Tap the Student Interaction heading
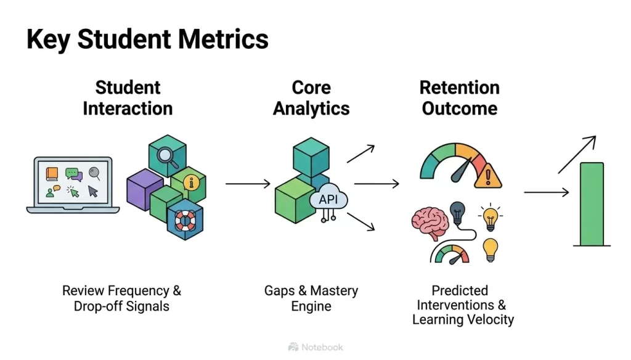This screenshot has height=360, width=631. (x=128, y=98)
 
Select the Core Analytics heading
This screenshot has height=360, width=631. (x=311, y=98)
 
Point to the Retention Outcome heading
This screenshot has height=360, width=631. (x=459, y=98)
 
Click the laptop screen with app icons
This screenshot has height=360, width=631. (x=73, y=182)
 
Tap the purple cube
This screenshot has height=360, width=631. (x=144, y=189)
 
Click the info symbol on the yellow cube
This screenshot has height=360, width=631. (x=192, y=182)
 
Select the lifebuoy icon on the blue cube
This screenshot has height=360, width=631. (x=184, y=219)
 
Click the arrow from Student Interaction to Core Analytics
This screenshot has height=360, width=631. (x=248, y=184)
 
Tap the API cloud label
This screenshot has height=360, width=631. (x=328, y=200)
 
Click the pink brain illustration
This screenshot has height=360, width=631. (x=429, y=224)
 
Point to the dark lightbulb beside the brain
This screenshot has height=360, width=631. (x=457, y=211)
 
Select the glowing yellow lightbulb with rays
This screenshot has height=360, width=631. (x=491, y=217)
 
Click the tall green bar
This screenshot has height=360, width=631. (x=592, y=204)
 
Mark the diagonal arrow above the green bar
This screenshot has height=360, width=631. (x=577, y=153)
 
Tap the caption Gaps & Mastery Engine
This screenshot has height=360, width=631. (x=311, y=298)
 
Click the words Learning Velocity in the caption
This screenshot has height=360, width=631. (x=463, y=320)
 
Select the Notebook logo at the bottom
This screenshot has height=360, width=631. (x=315, y=347)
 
